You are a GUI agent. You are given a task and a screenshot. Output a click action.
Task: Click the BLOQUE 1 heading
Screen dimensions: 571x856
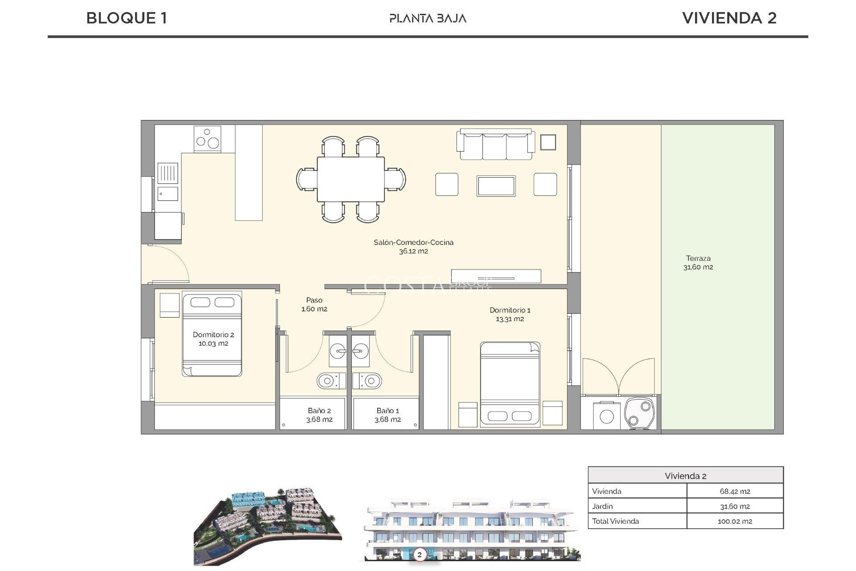pyautogui.click(x=127, y=18)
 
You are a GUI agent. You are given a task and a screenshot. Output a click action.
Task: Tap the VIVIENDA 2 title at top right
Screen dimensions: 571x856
pyautogui.click(x=729, y=18)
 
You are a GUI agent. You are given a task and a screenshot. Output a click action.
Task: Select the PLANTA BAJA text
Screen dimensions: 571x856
pyautogui.click(x=428, y=18)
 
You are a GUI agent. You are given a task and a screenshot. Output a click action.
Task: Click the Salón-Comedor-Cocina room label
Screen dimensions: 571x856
pyautogui.click(x=413, y=247)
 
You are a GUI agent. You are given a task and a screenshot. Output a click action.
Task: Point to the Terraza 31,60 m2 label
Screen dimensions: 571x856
pyautogui.click(x=698, y=263)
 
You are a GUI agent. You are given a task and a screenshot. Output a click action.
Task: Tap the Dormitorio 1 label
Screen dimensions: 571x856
pyautogui.click(x=510, y=314)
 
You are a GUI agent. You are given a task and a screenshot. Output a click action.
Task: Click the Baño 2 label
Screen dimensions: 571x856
pyautogui.click(x=319, y=415)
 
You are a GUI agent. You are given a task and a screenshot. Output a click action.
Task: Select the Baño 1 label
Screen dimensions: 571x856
pyautogui.click(x=387, y=415)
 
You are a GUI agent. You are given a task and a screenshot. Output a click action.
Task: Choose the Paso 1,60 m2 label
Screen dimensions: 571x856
pyautogui.click(x=314, y=304)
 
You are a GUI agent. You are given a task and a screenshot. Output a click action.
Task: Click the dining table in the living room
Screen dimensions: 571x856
pyautogui.click(x=351, y=179)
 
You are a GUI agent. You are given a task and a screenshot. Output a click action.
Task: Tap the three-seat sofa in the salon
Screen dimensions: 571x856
pyautogui.click(x=495, y=144)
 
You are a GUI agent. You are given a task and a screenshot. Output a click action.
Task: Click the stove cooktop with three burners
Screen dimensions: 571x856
pyautogui.click(x=207, y=139)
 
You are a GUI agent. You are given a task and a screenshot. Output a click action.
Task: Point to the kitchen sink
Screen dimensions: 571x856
pyautogui.click(x=168, y=173)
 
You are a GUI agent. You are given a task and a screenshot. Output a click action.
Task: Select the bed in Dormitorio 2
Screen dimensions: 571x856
pyautogui.click(x=212, y=335)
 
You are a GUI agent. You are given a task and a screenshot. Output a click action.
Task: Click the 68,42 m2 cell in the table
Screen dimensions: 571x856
pyautogui.click(x=735, y=491)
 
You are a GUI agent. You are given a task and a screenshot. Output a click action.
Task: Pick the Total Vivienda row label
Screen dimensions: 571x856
pyautogui.click(x=615, y=521)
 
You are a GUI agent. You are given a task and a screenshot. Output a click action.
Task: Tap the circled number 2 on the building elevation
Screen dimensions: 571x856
pyautogui.click(x=419, y=554)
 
